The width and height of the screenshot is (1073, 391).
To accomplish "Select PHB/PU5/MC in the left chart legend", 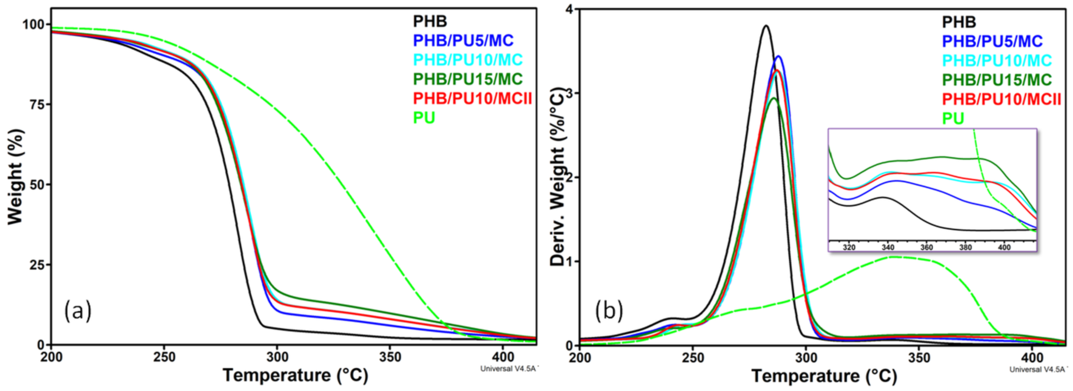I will click(463, 40).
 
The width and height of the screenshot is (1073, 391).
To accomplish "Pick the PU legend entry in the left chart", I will click(424, 118).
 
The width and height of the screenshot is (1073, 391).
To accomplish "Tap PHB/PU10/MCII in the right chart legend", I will click(1001, 99).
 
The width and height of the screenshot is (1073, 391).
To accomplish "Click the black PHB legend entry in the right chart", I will click(959, 22).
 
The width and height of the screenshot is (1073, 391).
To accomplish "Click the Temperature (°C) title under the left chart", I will click(295, 375).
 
